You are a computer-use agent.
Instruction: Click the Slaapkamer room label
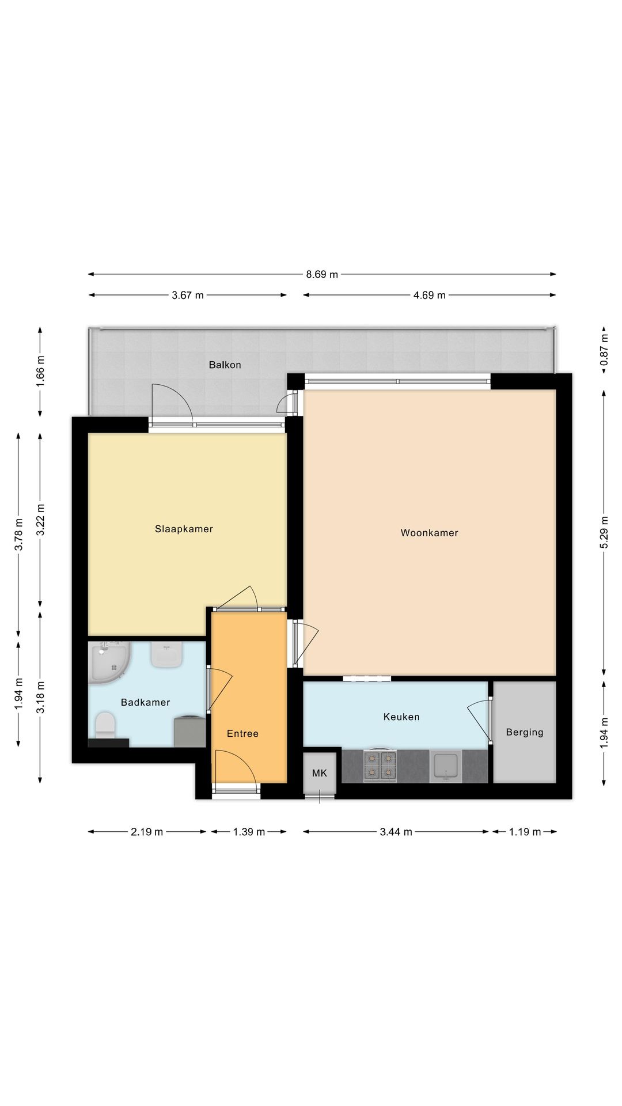tap(184, 529)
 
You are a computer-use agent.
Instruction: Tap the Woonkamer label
tap(430, 533)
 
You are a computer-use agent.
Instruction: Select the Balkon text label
tap(225, 365)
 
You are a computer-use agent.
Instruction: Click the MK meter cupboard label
tap(320, 773)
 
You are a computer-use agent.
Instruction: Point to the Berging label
tap(525, 732)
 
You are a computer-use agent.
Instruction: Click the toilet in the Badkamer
tap(105, 725)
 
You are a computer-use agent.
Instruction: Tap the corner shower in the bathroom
tap(109, 662)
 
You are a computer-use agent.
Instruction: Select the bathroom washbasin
tap(167, 655)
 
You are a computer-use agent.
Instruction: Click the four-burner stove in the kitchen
tap(381, 766)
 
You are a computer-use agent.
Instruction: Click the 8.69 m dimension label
tap(322, 274)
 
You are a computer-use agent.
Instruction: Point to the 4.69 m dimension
tap(430, 296)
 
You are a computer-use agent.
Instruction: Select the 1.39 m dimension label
tap(249, 832)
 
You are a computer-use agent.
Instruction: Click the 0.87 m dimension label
tap(604, 350)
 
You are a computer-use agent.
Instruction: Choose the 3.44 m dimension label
tap(396, 832)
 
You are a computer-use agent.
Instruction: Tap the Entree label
tap(242, 733)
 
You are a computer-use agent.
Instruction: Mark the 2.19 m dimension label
tap(147, 832)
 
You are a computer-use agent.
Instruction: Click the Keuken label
tap(401, 717)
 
